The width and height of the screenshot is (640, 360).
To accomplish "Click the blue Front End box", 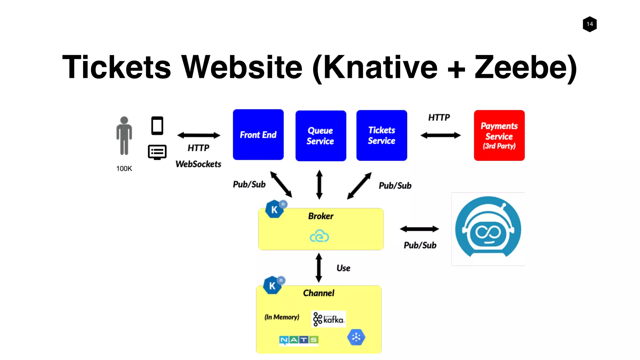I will (258, 135).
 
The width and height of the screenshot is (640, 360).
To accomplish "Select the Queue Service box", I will (321, 136).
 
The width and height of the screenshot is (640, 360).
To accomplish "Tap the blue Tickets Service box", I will (382, 135).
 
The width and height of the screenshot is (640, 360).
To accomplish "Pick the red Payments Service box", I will (499, 135).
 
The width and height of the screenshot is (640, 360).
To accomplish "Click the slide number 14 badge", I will (590, 24).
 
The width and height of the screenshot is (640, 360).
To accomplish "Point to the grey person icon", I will (124, 136).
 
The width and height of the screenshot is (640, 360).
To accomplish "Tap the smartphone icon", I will (157, 126).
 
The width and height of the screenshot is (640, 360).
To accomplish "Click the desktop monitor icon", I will (157, 152).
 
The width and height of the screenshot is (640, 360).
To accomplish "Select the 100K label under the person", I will (124, 169).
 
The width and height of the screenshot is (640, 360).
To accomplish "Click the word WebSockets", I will (198, 164).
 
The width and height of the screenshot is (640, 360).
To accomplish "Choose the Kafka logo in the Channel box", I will (329, 319).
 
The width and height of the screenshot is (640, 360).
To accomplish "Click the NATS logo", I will (299, 340).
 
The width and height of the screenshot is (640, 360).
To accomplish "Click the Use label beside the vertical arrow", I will (343, 268).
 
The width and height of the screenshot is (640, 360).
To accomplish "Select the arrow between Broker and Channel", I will (319, 267).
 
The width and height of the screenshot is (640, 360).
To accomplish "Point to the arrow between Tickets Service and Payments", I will (440, 135).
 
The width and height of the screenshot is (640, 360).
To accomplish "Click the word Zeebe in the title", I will (525, 67).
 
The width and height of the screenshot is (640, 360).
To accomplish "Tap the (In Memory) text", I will (282, 317).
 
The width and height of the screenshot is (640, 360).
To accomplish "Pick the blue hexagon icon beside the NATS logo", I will (356, 337).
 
